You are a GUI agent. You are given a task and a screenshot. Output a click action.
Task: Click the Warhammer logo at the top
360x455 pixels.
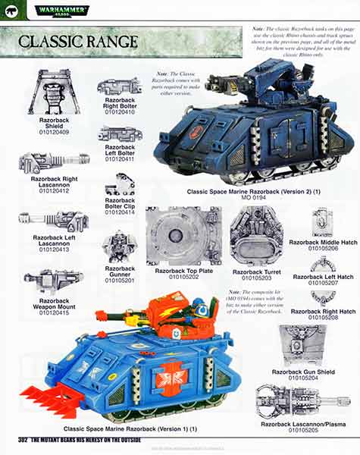tap(58, 11)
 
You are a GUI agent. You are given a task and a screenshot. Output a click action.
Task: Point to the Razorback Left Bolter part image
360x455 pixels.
tap(120, 134)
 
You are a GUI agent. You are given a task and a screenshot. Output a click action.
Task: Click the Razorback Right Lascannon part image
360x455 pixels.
tap(54, 162)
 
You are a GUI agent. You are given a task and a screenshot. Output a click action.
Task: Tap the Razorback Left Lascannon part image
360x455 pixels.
tap(55, 221)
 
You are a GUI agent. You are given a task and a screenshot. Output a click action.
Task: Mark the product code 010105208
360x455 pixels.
tap(322, 318)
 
